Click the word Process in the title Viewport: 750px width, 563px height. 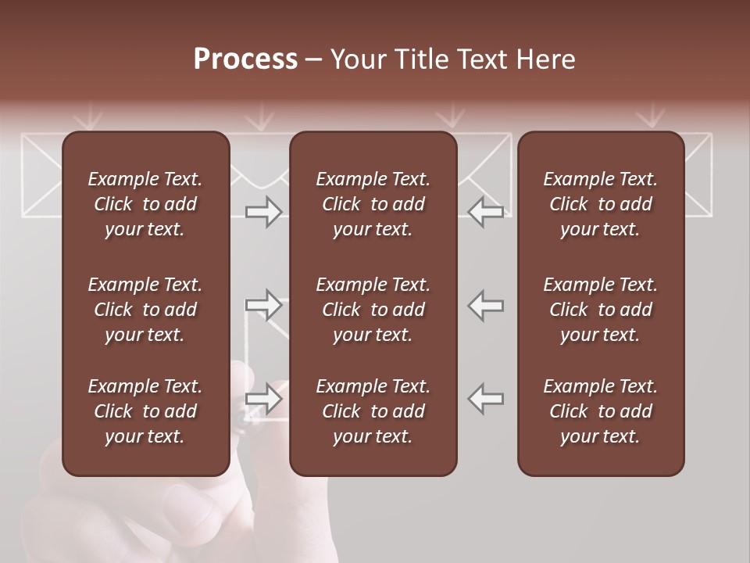245,59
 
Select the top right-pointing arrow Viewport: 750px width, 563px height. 264,212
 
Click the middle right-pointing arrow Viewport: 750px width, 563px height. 264,305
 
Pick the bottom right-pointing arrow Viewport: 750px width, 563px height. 264,399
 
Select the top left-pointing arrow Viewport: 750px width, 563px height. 486,212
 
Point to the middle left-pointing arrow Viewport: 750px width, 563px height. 486,305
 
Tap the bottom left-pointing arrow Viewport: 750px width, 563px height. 486,399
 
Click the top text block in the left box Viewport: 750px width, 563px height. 145,204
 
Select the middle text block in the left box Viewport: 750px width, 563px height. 145,310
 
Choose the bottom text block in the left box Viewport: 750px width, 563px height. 145,411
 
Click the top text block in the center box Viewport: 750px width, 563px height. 373,204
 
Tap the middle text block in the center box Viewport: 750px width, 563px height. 373,310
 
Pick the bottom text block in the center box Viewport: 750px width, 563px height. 373,411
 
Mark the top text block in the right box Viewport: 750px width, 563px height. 600,204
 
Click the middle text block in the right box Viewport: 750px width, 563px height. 600,310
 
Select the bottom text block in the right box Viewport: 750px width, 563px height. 600,411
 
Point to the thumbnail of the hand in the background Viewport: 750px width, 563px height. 156,516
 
